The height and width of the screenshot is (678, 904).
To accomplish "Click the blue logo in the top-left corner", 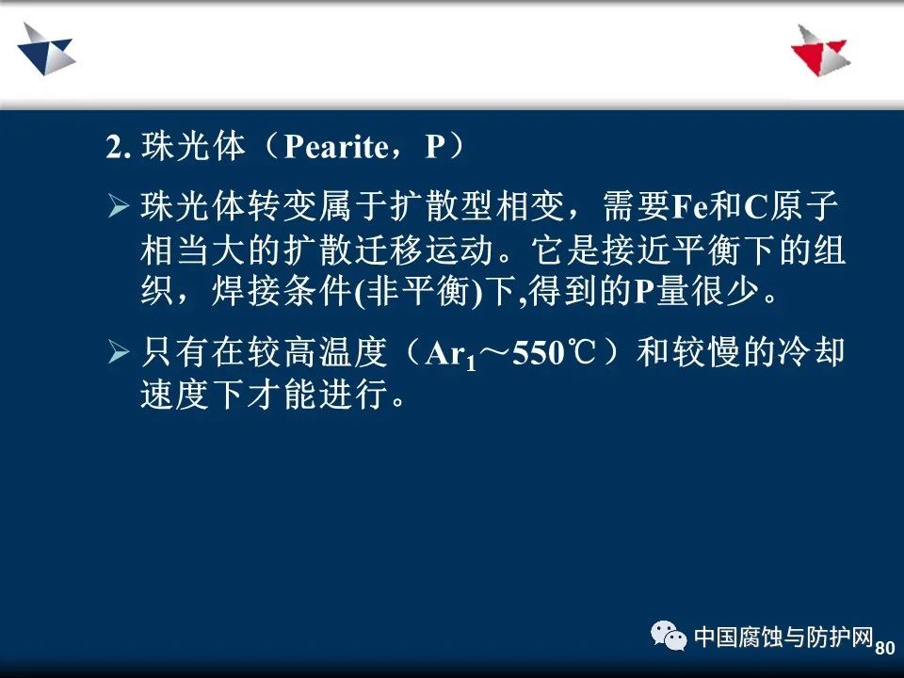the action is (x=46, y=50).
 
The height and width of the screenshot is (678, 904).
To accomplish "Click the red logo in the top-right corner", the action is (x=821, y=51).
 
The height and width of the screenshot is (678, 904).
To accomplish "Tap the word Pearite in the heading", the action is (x=337, y=147).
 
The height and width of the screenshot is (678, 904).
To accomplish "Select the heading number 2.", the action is (x=119, y=148).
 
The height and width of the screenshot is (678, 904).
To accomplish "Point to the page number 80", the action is (x=885, y=648).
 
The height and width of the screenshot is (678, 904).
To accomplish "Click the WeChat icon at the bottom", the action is (x=669, y=636).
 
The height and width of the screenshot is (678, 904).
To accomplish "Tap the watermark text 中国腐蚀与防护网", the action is (x=783, y=637).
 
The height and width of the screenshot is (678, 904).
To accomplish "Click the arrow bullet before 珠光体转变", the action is (x=119, y=206).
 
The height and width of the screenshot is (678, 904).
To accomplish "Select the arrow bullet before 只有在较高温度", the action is (x=119, y=351).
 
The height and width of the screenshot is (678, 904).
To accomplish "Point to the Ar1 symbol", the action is (x=451, y=355).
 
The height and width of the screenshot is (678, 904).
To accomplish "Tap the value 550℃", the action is (x=554, y=353).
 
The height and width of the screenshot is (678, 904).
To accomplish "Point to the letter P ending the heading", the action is (x=436, y=147).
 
